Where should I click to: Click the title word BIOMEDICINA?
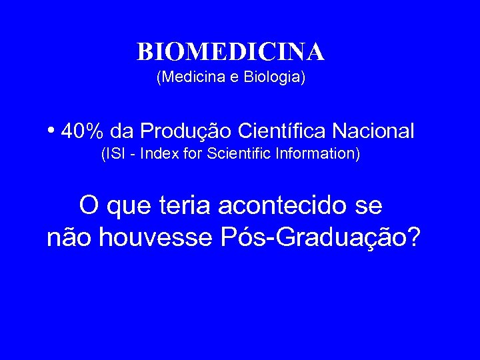[x=231, y=51]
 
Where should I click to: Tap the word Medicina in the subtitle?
[x=184, y=78]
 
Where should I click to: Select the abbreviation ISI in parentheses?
[x=113, y=154]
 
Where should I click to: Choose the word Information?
[x=317, y=154]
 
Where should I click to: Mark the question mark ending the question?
[x=413, y=238]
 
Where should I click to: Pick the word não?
[x=65, y=238]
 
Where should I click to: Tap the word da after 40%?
[x=122, y=131]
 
